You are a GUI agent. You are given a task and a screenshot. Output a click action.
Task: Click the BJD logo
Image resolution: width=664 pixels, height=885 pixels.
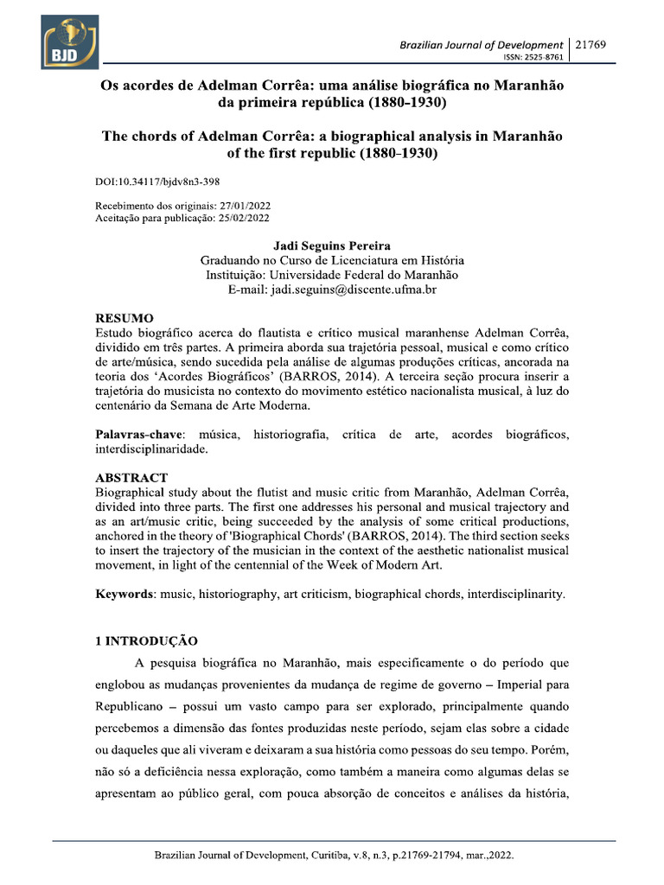pyautogui.click(x=68, y=42)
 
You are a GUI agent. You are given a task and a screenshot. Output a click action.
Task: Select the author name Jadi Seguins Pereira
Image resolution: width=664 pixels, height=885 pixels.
pyautogui.click(x=332, y=246)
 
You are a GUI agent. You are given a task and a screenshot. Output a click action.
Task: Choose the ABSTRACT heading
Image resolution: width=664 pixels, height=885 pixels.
pyautogui.click(x=131, y=478)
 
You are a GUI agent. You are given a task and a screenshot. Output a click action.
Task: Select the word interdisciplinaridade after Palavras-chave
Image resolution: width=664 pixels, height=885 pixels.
pyautogui.click(x=150, y=449)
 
